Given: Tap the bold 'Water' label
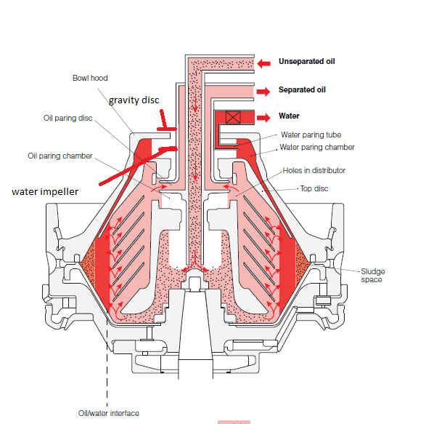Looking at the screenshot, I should click(289, 116).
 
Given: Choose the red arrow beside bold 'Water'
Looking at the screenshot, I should click(265, 116).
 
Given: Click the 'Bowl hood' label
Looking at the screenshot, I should click(90, 78).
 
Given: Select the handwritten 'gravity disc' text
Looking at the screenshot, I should click(134, 99).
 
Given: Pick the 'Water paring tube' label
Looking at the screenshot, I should click(311, 135).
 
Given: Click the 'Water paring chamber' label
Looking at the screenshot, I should click(317, 147).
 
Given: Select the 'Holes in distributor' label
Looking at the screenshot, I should click(314, 171).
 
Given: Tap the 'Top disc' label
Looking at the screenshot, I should click(314, 188).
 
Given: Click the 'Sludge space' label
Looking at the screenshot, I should click(372, 275).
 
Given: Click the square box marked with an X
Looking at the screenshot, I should click(233, 116).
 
